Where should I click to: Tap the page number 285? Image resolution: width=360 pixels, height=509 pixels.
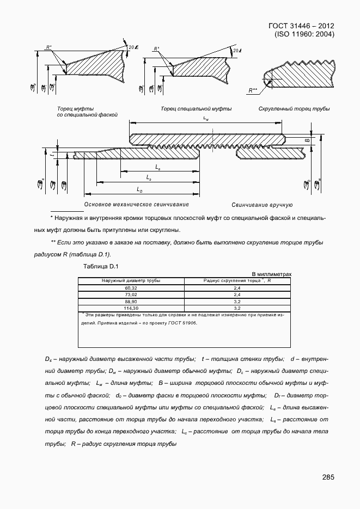[328, 477]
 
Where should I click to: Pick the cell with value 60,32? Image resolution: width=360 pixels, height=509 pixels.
[131, 287]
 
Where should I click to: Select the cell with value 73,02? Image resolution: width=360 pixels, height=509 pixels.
[131, 294]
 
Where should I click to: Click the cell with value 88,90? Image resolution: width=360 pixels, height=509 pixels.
[131, 301]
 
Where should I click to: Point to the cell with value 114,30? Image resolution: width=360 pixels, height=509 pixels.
[131, 308]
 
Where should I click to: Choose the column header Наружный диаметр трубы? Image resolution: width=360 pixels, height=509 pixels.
[131, 280]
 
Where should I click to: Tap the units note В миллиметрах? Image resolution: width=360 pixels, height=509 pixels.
[271, 274]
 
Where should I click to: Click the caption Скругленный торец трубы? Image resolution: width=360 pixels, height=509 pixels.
[294, 109]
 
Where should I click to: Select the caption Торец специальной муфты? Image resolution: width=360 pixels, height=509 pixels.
[196, 109]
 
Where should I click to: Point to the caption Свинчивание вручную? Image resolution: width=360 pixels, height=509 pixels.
[262, 205]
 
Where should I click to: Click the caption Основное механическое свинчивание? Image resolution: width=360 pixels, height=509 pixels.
[136, 205]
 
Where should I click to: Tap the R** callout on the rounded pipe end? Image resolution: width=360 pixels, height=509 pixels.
[253, 89]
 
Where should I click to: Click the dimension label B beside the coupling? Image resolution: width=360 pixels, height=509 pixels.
[307, 140]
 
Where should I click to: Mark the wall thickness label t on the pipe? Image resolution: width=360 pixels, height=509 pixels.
[51, 155]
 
